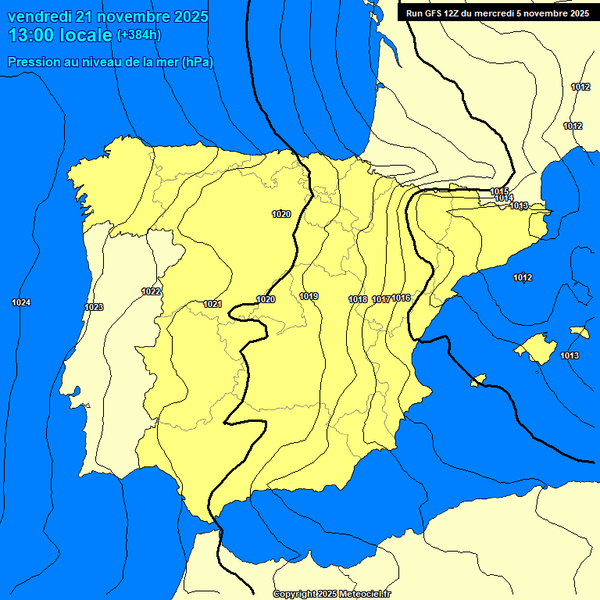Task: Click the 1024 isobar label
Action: coord(22,302)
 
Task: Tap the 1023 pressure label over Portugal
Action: coord(94,307)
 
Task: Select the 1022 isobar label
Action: coord(152,291)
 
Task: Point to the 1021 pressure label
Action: coord(212,304)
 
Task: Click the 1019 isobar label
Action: coord(309,296)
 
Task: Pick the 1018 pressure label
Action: coord(358,299)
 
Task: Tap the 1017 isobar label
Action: coord(381,299)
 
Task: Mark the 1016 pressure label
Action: coord(402,298)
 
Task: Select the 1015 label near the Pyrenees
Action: coord(499,191)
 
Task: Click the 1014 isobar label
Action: coord(504,198)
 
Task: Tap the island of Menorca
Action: coord(579,332)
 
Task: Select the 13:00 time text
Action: coord(32,34)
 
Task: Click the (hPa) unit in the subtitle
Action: coord(198,62)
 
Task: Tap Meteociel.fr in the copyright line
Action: coord(365,595)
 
